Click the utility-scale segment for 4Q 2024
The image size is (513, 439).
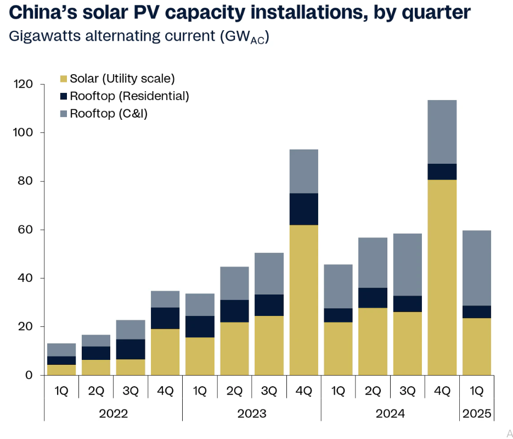[x=442, y=277]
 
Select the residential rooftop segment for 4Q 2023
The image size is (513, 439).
[x=303, y=209]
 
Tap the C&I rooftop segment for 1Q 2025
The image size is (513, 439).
[x=476, y=268]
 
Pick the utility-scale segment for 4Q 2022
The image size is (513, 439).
[x=165, y=352]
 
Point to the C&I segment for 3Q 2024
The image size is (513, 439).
[x=407, y=265]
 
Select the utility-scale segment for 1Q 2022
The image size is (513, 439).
[x=61, y=370]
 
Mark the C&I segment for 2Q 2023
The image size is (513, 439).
[x=234, y=284]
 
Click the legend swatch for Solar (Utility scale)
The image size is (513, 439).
[x=63, y=79]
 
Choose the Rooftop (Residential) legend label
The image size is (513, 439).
[x=129, y=96]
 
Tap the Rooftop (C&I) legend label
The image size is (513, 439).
[x=109, y=114]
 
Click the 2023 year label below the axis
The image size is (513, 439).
[x=252, y=413]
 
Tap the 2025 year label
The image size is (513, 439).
[x=476, y=413]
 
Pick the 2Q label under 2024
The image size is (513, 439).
[x=373, y=391]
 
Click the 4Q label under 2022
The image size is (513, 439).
[x=165, y=391]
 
